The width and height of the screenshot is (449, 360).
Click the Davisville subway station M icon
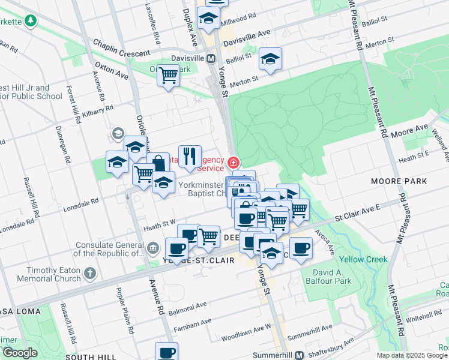pyautogui.click(x=211, y=59)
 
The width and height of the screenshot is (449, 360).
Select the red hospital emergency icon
pyautogui.click(x=233, y=162)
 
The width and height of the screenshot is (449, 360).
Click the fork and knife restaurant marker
pyautogui.click(x=190, y=157)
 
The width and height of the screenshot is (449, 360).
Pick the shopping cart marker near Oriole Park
pyautogui.click(x=169, y=76)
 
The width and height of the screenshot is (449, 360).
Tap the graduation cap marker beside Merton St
pyautogui.click(x=270, y=59)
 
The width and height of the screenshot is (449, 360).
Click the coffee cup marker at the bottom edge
pyautogui.click(x=167, y=352)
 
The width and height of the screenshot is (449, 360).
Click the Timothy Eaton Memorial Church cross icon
pyautogui.click(x=90, y=274)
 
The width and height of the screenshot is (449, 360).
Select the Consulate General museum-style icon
pyautogui.click(x=152, y=248)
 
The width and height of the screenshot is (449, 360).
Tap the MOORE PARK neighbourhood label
pyautogui.click(x=399, y=181)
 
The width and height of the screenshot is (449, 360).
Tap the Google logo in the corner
pyautogui.click(x=20, y=353)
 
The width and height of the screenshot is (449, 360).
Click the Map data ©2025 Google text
pyautogui.click(x=411, y=355)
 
